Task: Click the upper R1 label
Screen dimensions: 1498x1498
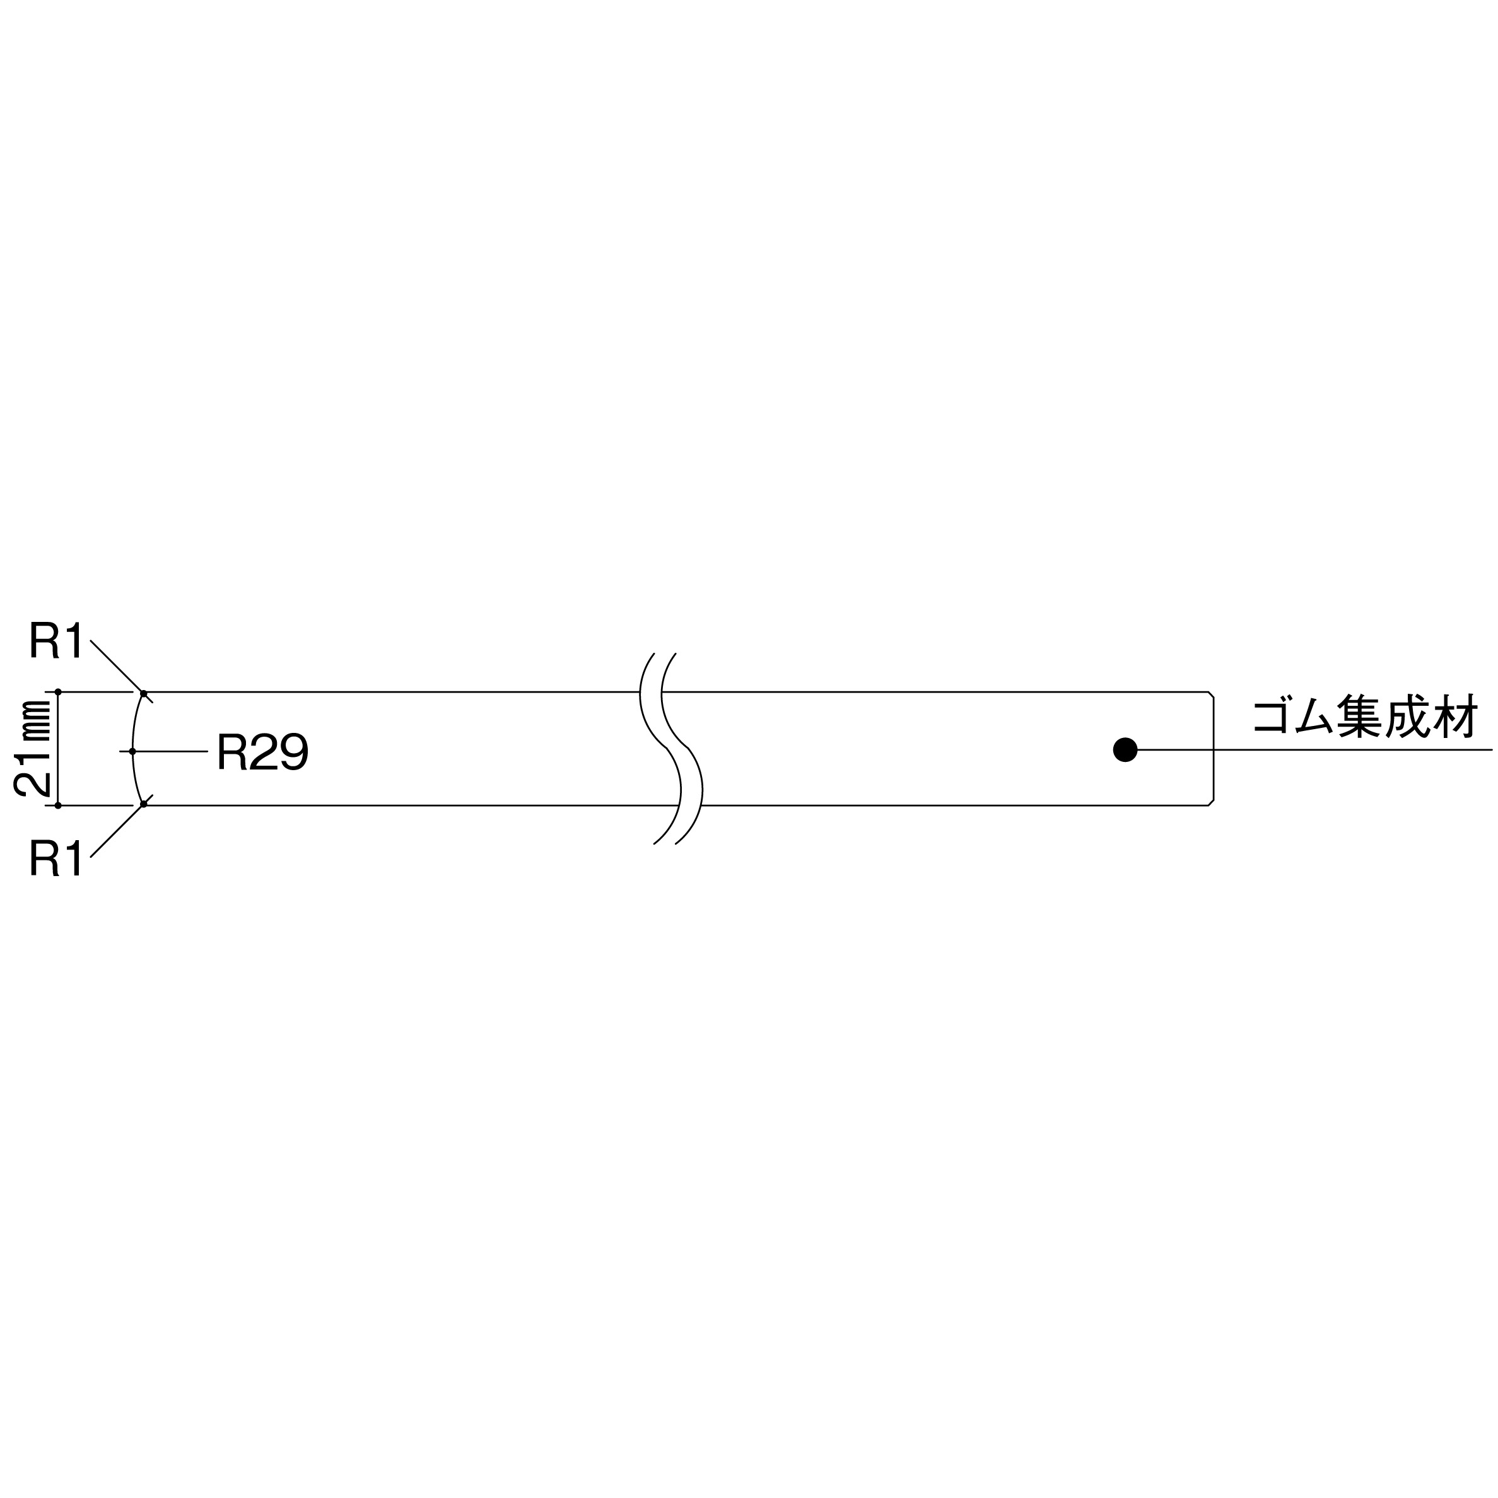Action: [x=56, y=640]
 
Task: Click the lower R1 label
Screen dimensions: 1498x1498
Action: [x=56, y=858]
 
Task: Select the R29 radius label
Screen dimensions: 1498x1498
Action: [x=263, y=751]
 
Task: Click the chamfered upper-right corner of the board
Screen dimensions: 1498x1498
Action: [x=1210, y=694]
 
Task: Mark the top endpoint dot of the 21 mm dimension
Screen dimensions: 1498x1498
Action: [x=58, y=692]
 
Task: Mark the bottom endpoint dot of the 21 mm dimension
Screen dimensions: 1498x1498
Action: [x=58, y=805]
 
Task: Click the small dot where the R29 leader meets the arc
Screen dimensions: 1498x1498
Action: [x=132, y=751]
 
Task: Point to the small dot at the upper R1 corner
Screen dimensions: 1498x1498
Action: [x=143, y=693]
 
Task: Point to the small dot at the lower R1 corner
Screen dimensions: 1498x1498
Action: [x=143, y=804]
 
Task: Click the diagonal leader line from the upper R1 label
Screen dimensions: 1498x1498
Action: [x=116, y=666]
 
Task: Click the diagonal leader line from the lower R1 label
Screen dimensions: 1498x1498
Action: [x=116, y=831]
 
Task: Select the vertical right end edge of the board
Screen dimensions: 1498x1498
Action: [x=1214, y=748]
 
